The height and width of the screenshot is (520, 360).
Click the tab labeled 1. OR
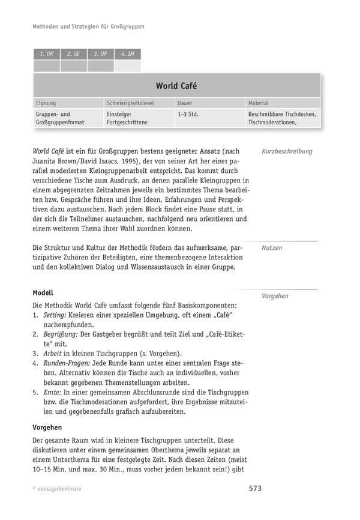pos(47,54)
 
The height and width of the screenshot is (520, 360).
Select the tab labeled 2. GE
pos(73,54)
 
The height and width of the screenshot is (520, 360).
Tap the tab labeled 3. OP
pos(100,54)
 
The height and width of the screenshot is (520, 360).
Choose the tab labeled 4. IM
pos(127,54)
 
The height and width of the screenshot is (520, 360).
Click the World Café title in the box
pos(176,86)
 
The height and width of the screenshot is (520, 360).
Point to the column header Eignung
pos(46,103)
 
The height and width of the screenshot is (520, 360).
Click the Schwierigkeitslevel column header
pos(130,103)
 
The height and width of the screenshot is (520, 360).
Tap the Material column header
pos(258,103)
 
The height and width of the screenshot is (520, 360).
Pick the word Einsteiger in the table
pos(119,113)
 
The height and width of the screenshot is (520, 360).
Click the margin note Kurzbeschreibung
pos(287,152)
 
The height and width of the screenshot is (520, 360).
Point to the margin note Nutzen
pos(272,247)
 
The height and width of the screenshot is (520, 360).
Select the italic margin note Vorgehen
pos(275,296)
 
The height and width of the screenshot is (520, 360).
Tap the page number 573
pos(255,488)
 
